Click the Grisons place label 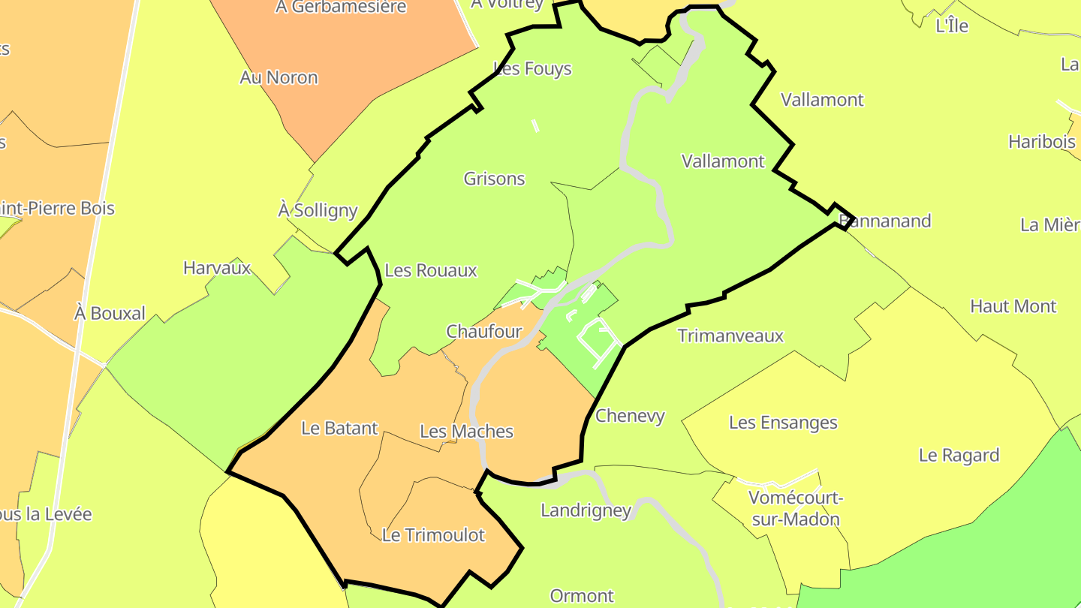(494, 179)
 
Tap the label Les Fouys (533, 69)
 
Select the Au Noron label (279, 77)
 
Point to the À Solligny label (318, 210)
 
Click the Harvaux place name (217, 268)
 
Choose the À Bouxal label (110, 313)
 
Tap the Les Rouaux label (430, 270)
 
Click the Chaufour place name (483, 331)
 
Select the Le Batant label (339, 428)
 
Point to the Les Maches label (466, 431)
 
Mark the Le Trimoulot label (433, 535)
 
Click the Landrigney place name (586, 510)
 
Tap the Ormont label (582, 596)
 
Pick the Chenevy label (630, 416)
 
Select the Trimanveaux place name (730, 336)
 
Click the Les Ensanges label (783, 423)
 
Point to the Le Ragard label (959, 455)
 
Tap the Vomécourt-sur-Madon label (794, 508)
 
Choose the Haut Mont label (1013, 306)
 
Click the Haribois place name (1041, 141)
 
